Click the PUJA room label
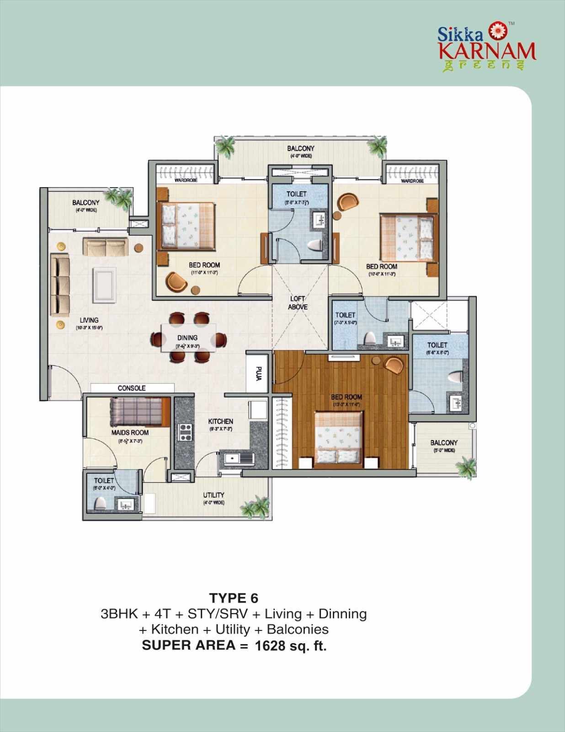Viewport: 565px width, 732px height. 259,373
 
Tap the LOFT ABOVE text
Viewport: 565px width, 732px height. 298,303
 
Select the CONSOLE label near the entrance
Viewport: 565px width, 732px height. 132,388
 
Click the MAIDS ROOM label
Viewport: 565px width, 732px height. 130,432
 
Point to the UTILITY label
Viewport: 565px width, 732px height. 213,495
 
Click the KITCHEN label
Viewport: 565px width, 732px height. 221,421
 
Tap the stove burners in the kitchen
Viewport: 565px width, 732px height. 185,432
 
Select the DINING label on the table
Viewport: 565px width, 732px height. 187,338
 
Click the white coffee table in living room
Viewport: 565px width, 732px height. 104,285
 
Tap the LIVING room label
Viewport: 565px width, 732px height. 89,320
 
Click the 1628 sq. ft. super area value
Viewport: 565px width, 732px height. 290,646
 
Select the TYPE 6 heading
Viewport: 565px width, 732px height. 234,598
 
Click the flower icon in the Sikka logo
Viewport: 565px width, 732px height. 496,31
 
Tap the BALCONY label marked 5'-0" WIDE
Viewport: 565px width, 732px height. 444,442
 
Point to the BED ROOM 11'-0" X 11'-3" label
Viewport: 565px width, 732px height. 204,265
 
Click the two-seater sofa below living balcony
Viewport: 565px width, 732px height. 105,247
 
